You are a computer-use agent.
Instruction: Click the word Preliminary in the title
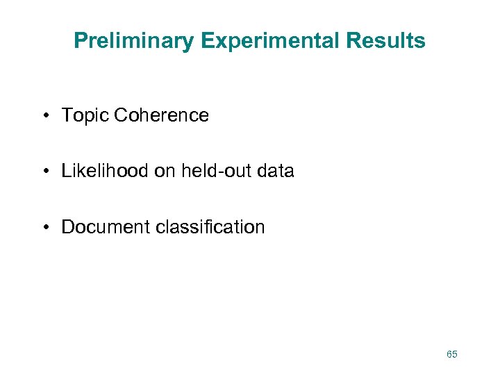coord(134,41)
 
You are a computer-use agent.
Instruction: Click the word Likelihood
coord(105,171)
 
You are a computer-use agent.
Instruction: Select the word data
coord(274,171)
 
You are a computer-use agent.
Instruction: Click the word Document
coord(105,227)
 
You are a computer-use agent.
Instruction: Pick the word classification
coord(209,227)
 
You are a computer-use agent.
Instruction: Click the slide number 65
coord(452,354)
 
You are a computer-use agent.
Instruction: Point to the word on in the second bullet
coord(165,172)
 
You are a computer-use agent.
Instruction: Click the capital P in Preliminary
coord(80,41)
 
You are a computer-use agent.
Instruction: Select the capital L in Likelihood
coord(66,171)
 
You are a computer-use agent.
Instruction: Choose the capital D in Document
coord(67,227)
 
